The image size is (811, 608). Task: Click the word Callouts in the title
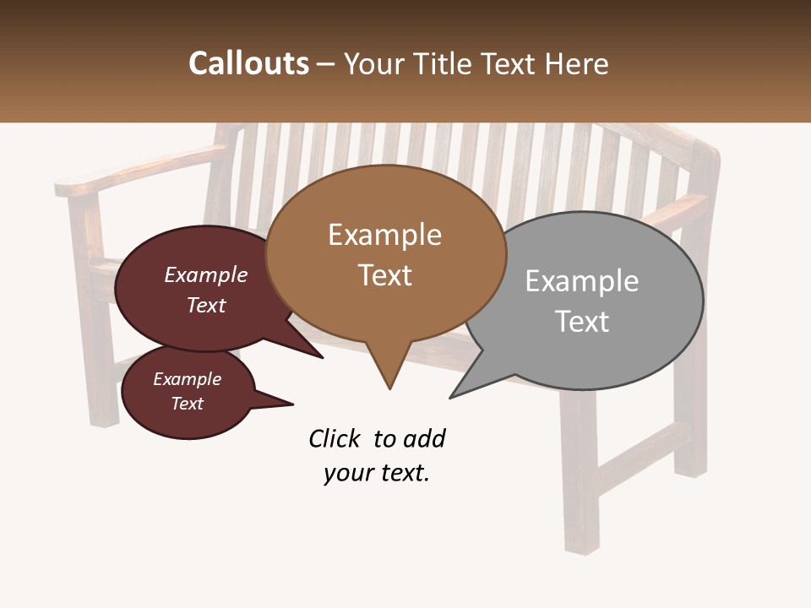pyautogui.click(x=248, y=63)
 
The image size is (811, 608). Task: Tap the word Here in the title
pyautogui.click(x=579, y=63)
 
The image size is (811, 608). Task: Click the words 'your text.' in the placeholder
pyautogui.click(x=376, y=473)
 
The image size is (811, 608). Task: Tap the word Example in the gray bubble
pyautogui.click(x=581, y=281)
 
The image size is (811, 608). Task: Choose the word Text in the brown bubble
pyautogui.click(x=385, y=275)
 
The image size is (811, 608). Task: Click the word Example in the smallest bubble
pyautogui.click(x=187, y=379)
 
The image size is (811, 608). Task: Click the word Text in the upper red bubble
pyautogui.click(x=206, y=305)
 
